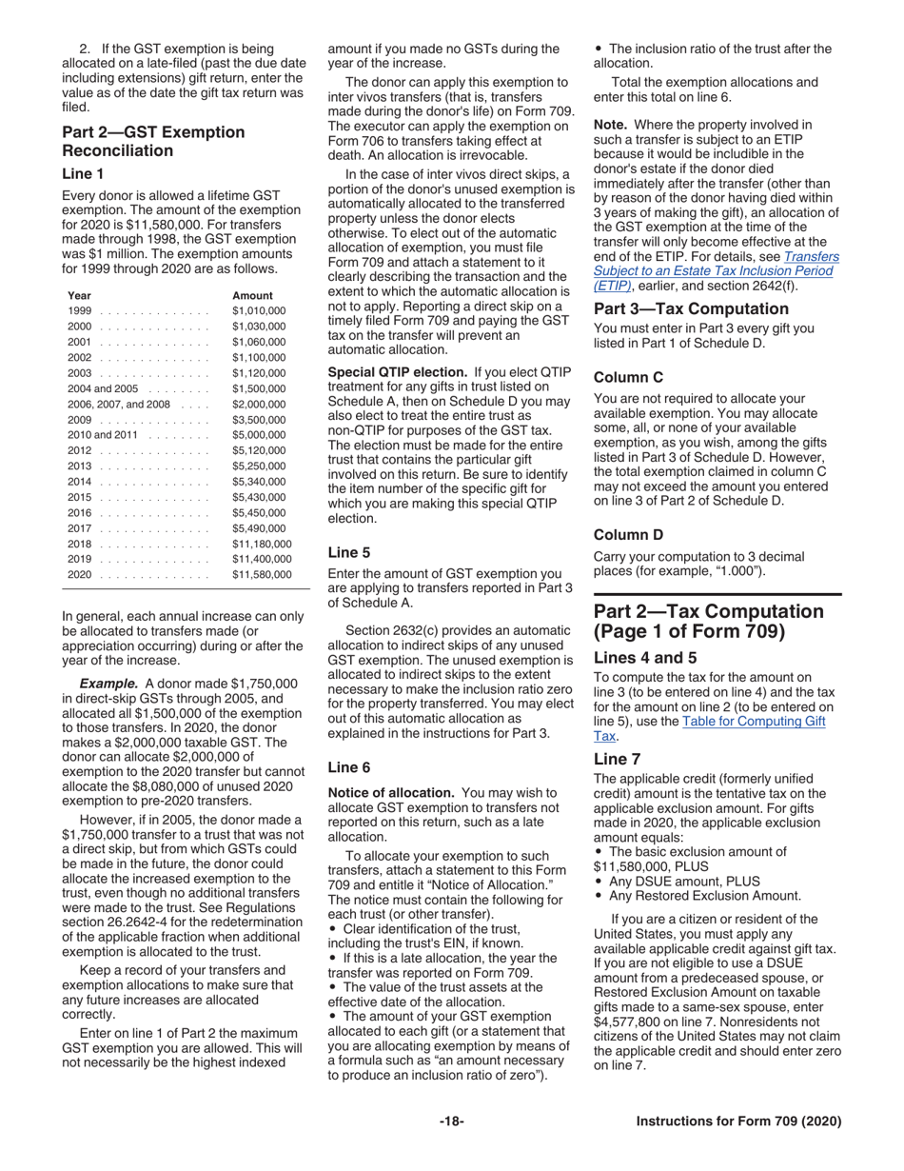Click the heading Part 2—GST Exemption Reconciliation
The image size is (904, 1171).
point(152,141)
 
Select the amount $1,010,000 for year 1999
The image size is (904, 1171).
point(258,311)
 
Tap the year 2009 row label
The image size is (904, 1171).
point(80,419)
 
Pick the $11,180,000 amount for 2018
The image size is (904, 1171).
point(262,544)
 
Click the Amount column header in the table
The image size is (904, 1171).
point(252,295)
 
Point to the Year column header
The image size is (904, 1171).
point(80,295)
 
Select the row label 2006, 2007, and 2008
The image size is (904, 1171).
point(118,404)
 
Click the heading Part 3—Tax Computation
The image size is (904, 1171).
point(691,308)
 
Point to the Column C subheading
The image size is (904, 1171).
point(628,378)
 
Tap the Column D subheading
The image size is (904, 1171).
point(628,535)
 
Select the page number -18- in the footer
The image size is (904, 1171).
point(451,1121)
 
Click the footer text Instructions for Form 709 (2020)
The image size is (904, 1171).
point(738,1121)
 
